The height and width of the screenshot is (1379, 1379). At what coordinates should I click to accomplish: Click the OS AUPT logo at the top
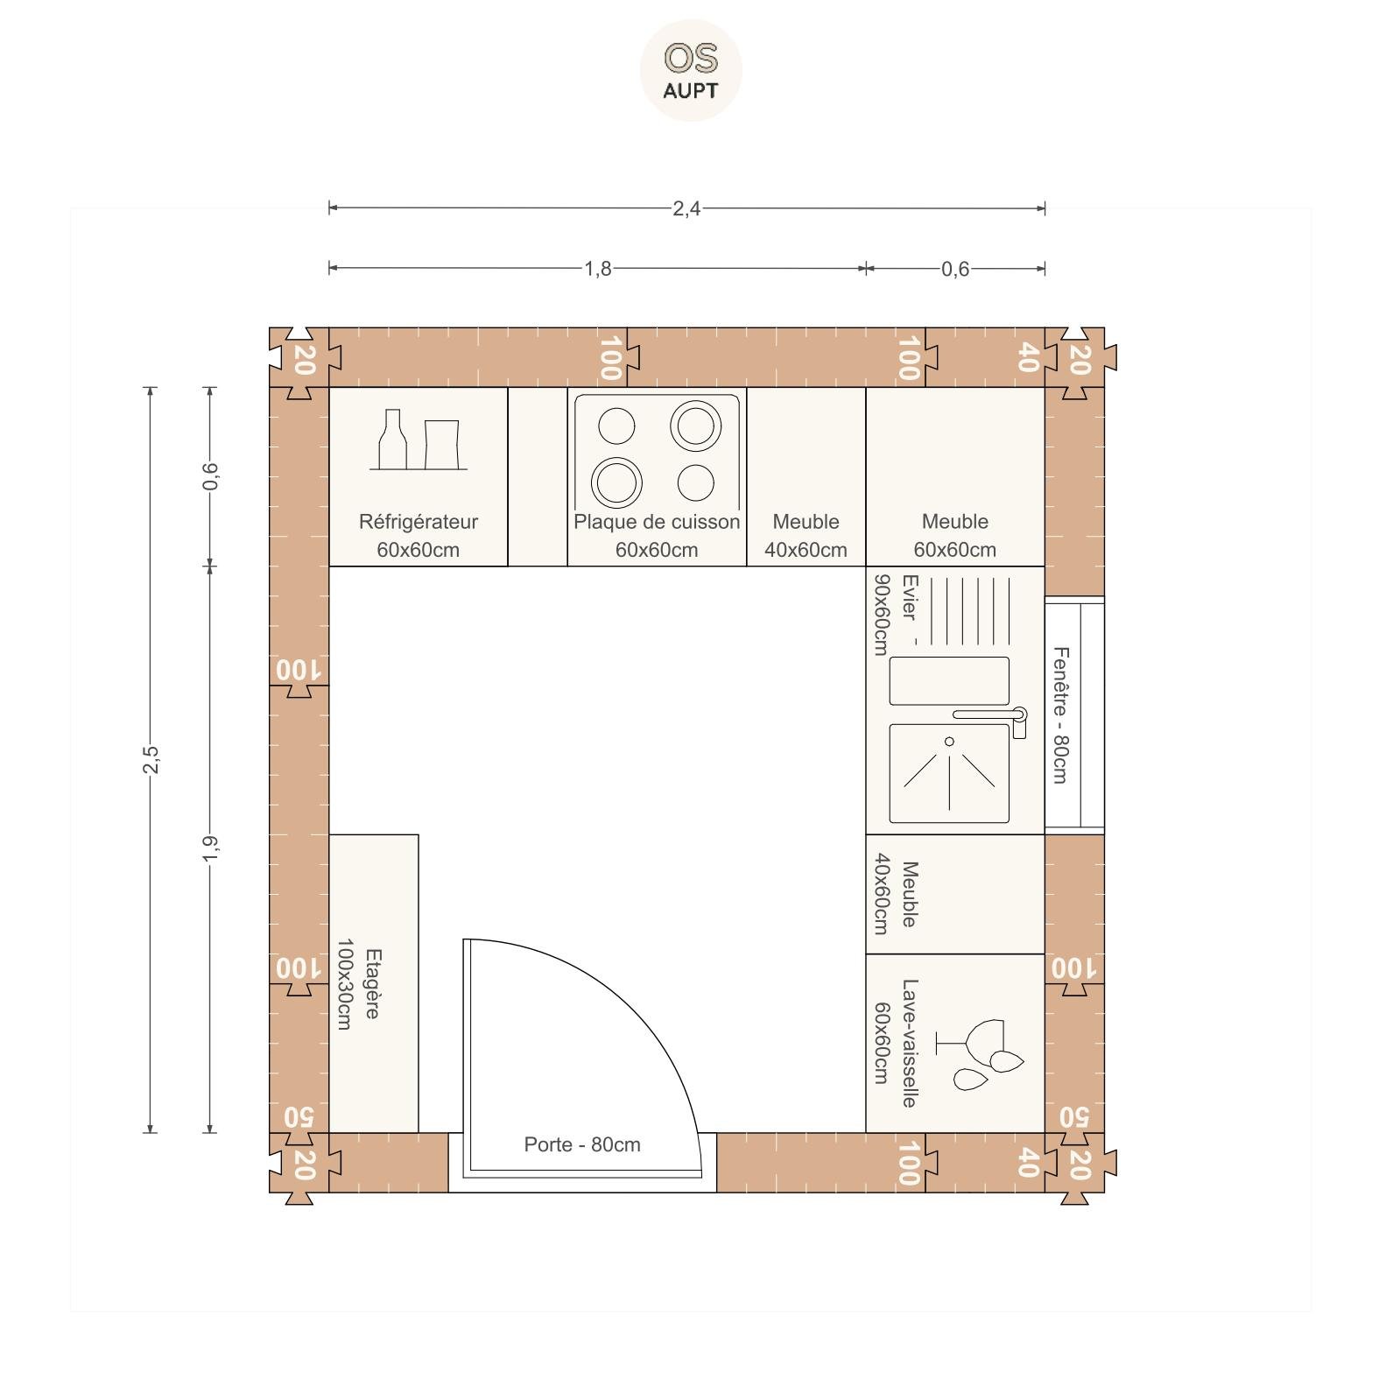(x=691, y=70)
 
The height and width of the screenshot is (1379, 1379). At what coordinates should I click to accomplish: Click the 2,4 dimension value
(x=686, y=208)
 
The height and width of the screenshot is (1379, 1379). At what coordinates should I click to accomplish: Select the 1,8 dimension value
(x=598, y=269)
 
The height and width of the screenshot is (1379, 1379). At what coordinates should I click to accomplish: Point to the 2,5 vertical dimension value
(x=151, y=759)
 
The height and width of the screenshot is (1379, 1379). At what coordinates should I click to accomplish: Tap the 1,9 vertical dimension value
(x=210, y=848)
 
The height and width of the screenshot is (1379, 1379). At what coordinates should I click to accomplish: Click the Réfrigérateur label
(x=419, y=522)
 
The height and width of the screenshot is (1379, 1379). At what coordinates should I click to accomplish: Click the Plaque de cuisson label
(x=657, y=522)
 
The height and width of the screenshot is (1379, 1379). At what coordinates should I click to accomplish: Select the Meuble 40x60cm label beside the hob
(x=806, y=536)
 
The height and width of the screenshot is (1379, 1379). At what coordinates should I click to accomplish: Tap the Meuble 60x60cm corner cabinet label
(x=955, y=536)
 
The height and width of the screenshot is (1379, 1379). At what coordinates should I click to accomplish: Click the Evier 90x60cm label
(x=895, y=614)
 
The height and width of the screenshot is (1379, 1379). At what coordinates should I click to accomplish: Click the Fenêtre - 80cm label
(x=1060, y=714)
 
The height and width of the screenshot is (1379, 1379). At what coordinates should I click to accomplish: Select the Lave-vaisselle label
(x=909, y=1043)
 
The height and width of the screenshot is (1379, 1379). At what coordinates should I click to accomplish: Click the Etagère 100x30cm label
(x=358, y=984)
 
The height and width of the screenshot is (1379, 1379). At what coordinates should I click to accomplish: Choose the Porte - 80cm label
(x=582, y=1144)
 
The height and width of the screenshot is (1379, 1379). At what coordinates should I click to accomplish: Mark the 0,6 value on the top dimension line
(x=955, y=269)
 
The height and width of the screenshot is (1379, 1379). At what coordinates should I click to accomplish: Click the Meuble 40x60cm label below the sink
(x=895, y=894)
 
